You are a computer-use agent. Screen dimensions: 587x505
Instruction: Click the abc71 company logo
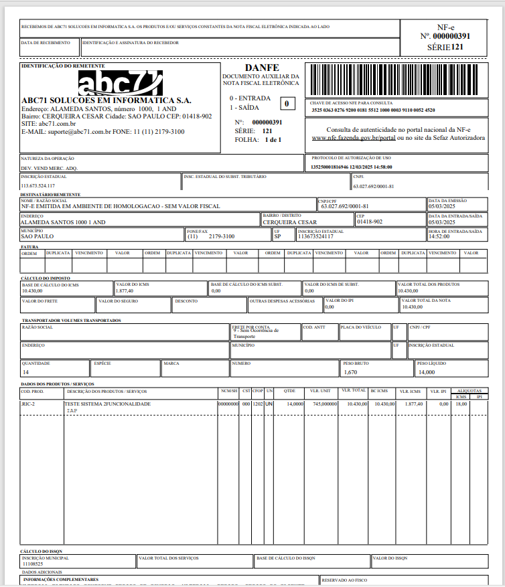coord(120,83)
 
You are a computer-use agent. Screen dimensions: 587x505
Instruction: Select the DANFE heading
coord(261,68)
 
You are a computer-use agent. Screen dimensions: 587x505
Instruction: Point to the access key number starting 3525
coord(373,110)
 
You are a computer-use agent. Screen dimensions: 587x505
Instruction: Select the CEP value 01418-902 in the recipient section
coord(370,222)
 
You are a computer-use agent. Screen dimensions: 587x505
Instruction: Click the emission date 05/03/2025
coord(442,206)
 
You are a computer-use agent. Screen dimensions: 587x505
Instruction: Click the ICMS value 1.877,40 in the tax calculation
coord(125,291)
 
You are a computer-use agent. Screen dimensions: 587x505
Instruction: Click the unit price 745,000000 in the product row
coord(321,404)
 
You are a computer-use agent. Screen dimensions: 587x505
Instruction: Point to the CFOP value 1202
coord(258,404)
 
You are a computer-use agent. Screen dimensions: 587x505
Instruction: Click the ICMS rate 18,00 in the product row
coord(461,404)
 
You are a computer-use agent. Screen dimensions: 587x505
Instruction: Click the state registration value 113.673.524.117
coord(38,185)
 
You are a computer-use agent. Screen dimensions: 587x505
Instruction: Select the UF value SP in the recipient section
coord(278,236)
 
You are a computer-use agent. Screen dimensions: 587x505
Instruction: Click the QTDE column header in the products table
coord(289,390)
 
